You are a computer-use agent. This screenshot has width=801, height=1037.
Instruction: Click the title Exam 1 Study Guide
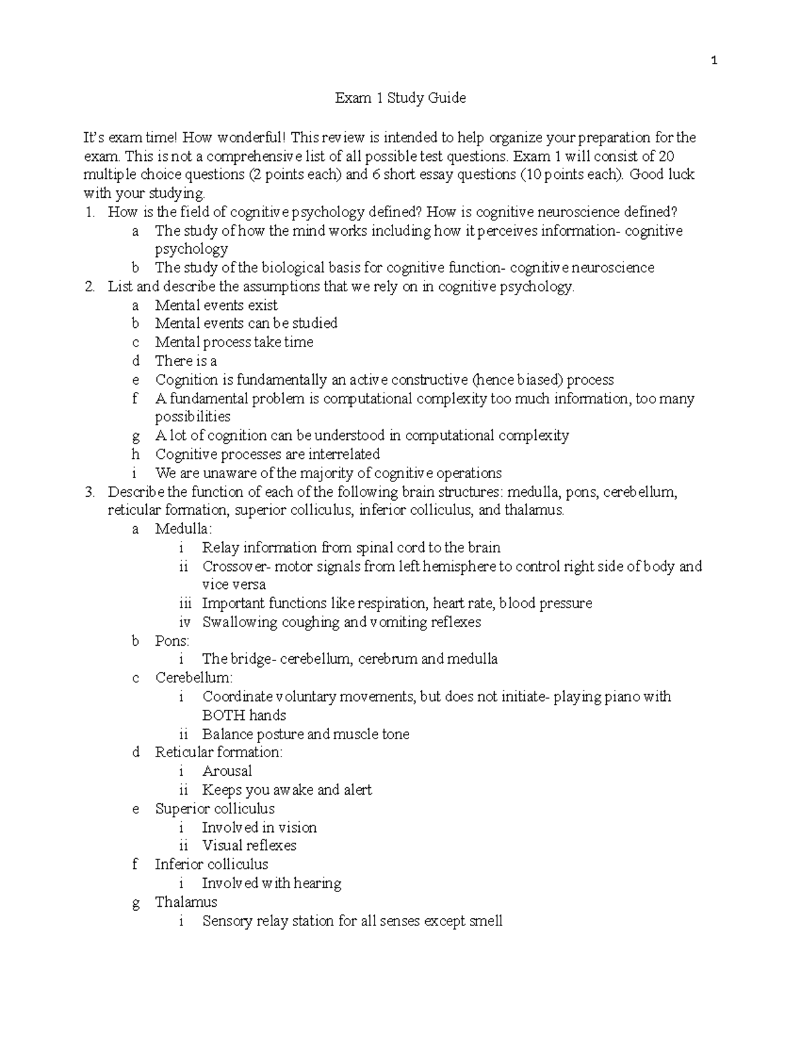pyautogui.click(x=400, y=98)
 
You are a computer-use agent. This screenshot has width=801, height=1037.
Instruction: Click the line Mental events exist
pyautogui.click(x=216, y=305)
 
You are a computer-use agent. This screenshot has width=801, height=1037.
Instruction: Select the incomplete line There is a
pyautogui.click(x=186, y=361)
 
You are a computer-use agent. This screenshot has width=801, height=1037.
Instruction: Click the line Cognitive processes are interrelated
pyautogui.click(x=267, y=454)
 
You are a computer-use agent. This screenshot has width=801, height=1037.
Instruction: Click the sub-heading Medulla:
pyautogui.click(x=183, y=529)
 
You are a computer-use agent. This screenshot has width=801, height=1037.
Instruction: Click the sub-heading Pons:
pyautogui.click(x=172, y=640)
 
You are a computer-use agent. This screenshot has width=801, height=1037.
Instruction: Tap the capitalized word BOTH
pyautogui.click(x=224, y=715)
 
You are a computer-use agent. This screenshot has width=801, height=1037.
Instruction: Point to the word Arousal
pyautogui.click(x=227, y=771)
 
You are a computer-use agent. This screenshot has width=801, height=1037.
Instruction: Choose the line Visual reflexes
pyautogui.click(x=249, y=845)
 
